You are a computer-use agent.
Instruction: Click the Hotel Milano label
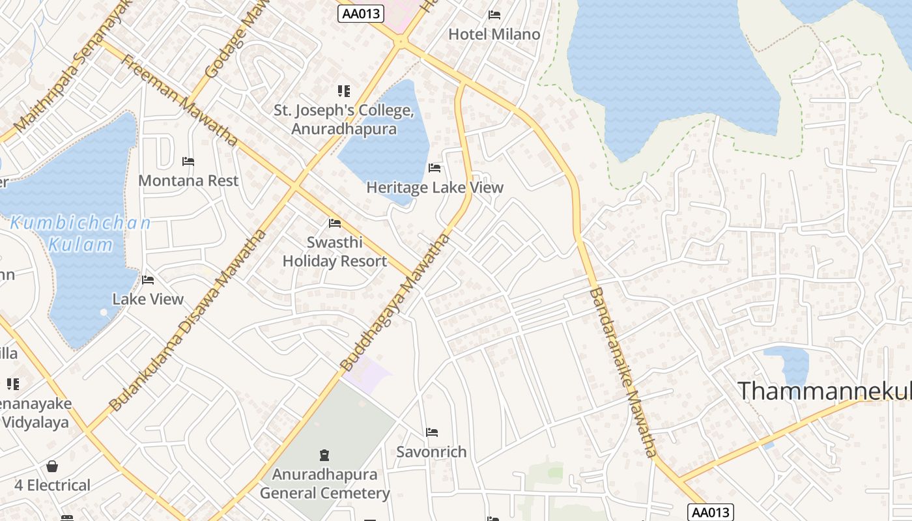(x=494, y=35)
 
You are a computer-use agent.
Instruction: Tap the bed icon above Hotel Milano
(x=494, y=14)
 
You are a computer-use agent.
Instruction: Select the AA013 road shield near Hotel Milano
(x=361, y=13)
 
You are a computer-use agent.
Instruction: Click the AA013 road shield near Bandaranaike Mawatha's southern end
(x=710, y=513)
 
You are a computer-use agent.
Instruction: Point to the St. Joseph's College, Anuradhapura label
(x=344, y=119)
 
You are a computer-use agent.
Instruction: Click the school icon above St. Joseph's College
(x=343, y=91)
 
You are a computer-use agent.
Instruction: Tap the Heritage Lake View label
(x=435, y=188)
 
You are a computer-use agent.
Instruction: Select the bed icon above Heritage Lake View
(x=435, y=168)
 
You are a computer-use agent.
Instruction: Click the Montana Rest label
(x=188, y=180)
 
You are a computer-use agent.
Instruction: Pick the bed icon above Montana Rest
(x=188, y=161)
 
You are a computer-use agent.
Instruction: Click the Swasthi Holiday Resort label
(x=335, y=251)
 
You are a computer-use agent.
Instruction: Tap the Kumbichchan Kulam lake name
(x=81, y=234)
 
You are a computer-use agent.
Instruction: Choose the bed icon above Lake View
(x=148, y=280)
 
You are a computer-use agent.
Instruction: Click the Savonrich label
(x=431, y=451)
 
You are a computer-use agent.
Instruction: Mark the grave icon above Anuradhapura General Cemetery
(x=324, y=455)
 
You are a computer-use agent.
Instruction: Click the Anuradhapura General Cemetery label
(x=324, y=483)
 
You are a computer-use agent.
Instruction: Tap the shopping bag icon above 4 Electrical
(x=52, y=466)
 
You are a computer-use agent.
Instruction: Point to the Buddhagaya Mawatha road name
(x=395, y=303)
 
